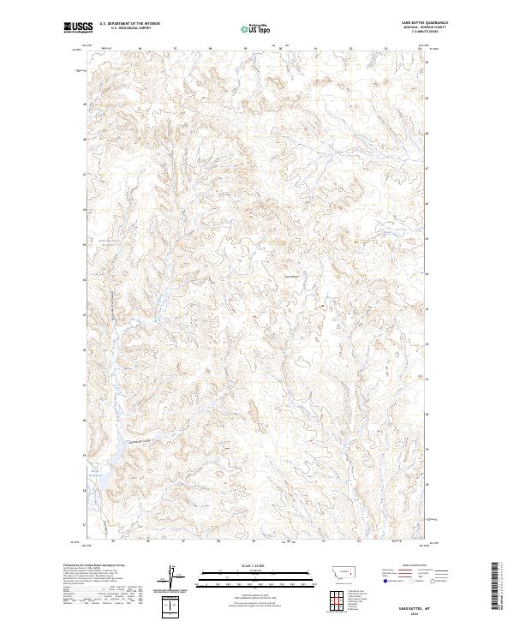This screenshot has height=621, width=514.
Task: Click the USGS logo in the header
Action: (79, 28)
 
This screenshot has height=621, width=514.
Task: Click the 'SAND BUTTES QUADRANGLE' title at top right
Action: (425, 23)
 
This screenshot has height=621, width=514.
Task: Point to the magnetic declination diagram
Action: (172, 580)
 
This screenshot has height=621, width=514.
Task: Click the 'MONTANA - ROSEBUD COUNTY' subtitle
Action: (426, 28)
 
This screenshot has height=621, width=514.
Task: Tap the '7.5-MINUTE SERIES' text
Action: (426, 33)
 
